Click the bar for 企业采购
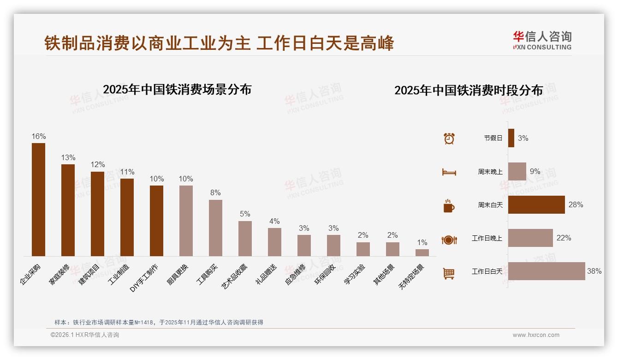38,199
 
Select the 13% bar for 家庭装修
68,210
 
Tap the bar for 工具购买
215,228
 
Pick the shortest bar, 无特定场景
422,252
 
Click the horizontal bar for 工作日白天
547,271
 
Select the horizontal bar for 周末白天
536,205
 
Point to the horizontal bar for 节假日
511,138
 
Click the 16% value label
39,137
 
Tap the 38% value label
594,271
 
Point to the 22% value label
564,238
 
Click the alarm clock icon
449,138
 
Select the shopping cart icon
449,273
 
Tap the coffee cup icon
449,206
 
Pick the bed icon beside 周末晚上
449,172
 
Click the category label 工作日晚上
487,238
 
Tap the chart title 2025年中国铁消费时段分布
469,90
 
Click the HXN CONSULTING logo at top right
542,40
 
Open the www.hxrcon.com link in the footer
536,335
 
